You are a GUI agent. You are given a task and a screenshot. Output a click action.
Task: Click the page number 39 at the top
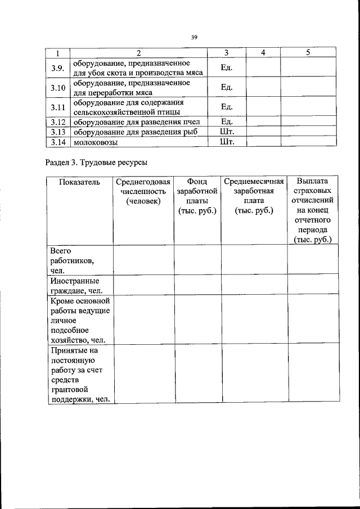pyautogui.click(x=193, y=37)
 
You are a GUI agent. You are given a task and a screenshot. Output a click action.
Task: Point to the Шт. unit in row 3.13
pyautogui.click(x=226, y=132)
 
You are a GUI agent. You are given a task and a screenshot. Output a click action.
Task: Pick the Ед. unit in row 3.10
pyautogui.click(x=226, y=87)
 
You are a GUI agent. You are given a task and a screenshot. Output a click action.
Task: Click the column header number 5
pyautogui.click(x=308, y=53)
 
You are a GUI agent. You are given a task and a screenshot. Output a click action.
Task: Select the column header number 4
pyautogui.click(x=263, y=53)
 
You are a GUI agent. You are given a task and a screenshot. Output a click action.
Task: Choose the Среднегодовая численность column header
pyautogui.click(x=143, y=191)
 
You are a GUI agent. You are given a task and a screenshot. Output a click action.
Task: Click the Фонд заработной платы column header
pyautogui.click(x=197, y=196)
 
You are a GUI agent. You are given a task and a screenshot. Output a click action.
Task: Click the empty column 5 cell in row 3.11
pyautogui.click(x=308, y=106)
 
